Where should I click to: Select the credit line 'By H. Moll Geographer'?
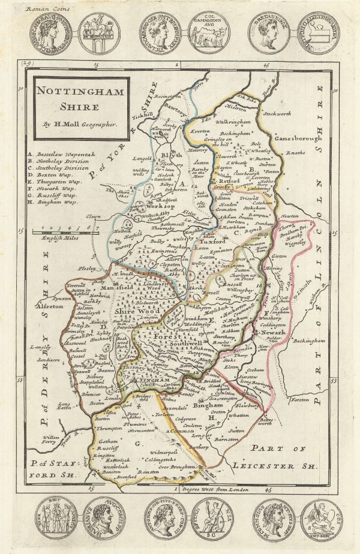click(x=80, y=125)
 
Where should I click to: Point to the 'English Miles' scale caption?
click(x=67, y=239)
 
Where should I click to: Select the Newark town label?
click(x=271, y=332)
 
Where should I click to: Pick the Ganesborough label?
click(x=299, y=137)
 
